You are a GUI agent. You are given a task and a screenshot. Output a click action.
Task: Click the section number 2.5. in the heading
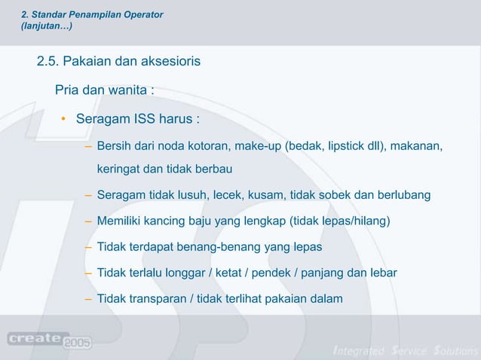pos(51,60)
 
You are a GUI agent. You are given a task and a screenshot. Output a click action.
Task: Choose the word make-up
pos(258,145)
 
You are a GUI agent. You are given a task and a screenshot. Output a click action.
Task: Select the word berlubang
pos(405,195)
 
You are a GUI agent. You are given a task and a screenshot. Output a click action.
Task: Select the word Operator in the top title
pos(139,15)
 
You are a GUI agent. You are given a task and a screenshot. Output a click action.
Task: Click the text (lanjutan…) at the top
pos(47,26)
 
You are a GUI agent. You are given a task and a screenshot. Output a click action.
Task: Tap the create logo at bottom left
pos(37,338)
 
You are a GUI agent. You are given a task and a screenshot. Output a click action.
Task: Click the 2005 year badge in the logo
pos(78,343)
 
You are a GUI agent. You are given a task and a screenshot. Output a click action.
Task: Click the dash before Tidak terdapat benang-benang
pos(89,247)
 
